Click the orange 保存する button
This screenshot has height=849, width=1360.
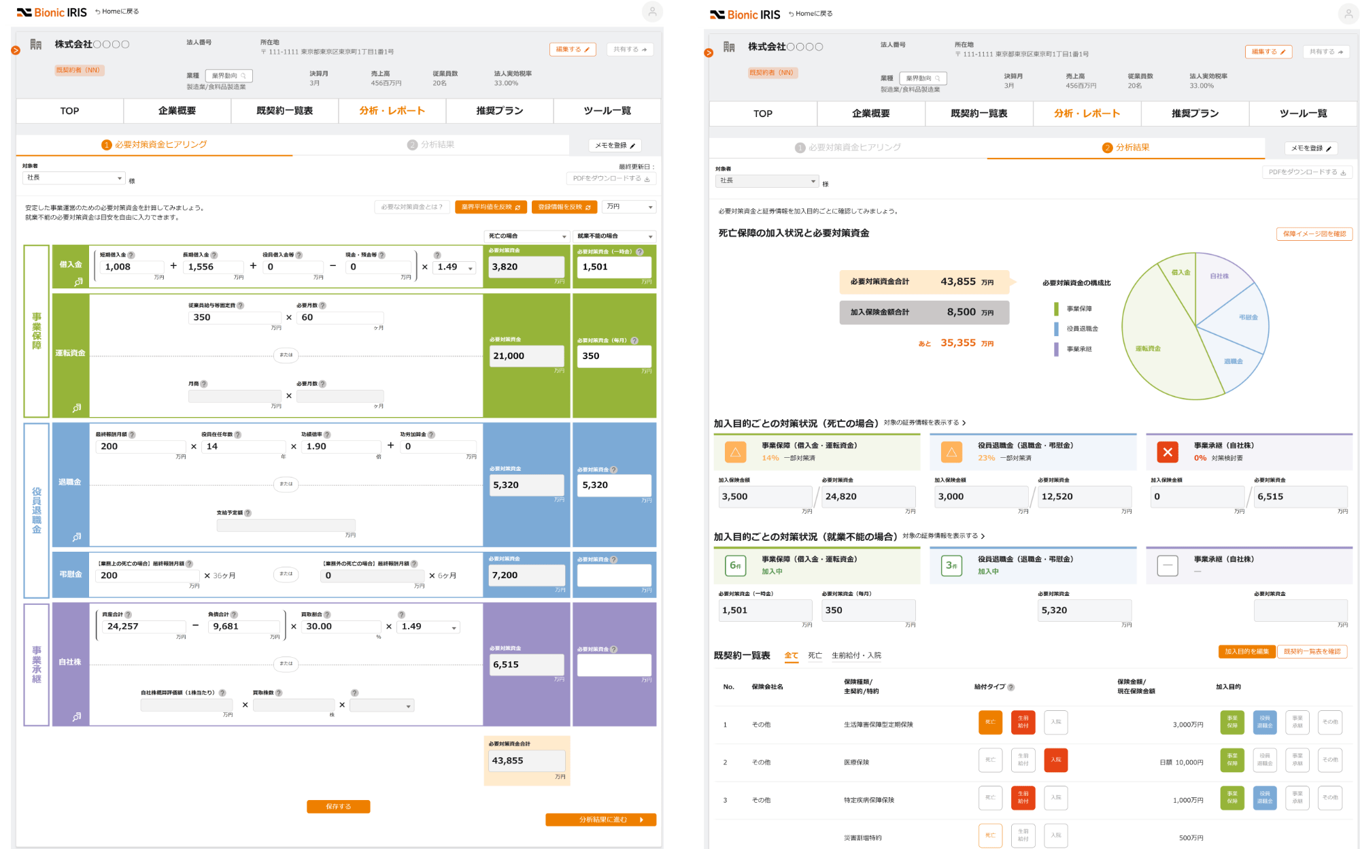[338, 806]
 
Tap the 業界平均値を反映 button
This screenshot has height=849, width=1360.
[490, 207]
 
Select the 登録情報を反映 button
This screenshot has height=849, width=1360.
[564, 207]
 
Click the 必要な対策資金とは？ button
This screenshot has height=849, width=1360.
[411, 207]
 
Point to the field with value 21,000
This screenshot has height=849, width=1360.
[527, 356]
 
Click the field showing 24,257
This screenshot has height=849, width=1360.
[143, 627]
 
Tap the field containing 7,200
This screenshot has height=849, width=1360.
[527, 576]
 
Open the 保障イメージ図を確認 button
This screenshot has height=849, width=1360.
[1314, 233]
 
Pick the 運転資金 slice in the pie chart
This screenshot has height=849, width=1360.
[1156, 347]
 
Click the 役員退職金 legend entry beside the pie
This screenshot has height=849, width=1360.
[1082, 329]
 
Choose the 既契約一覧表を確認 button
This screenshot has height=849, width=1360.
[1312, 652]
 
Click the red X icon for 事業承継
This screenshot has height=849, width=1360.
[1167, 452]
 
